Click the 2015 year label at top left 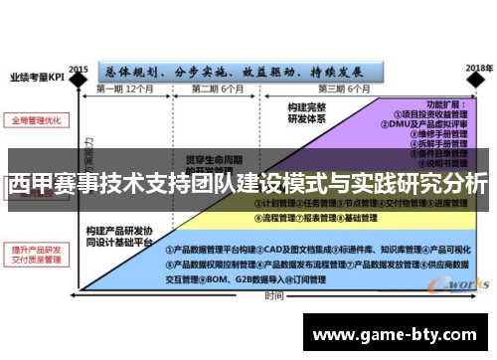pos(79,57)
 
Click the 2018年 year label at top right pos(479,67)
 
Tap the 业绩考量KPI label pos(37,75)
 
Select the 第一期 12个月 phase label pos(125,90)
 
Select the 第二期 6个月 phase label pos(219,90)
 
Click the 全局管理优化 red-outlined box pos(36,120)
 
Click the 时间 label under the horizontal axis pos(272,295)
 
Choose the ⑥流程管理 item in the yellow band pos(272,217)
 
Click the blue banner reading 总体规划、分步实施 pos(239,72)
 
